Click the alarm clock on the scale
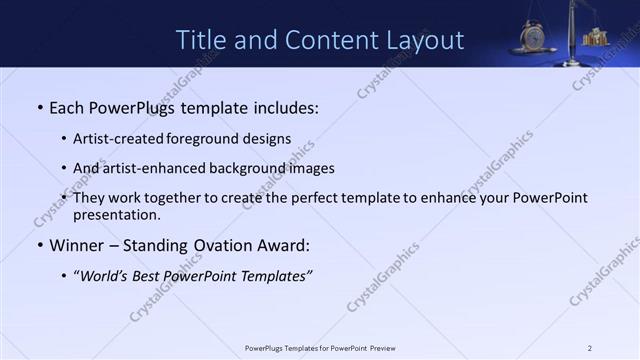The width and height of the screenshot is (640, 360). pos(532,38)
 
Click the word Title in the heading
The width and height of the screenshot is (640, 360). pos(200,40)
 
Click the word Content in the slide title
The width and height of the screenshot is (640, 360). pos(313,40)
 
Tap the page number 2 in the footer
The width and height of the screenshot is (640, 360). pos(589,348)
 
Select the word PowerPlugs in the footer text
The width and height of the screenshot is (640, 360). pos(264,348)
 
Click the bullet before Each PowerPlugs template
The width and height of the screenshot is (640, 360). pos(38,107)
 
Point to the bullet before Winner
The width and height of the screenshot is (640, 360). pos(38,245)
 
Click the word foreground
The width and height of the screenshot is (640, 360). pos(210,138)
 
